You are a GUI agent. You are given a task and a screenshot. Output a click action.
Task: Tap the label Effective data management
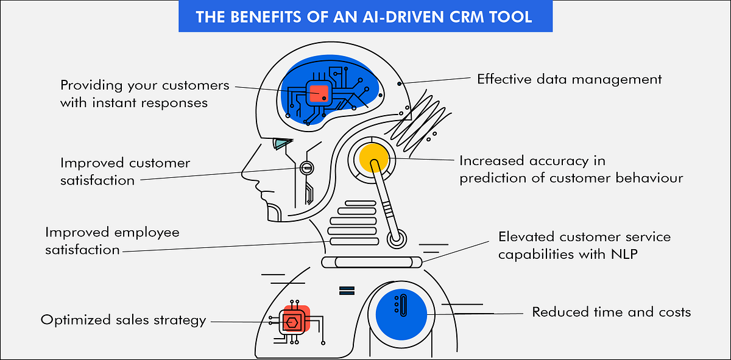click(569, 79)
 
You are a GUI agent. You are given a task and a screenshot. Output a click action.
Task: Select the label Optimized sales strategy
click(123, 320)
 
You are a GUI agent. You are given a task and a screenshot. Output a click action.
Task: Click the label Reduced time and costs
click(612, 312)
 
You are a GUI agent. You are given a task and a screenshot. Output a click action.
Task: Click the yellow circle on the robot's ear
click(373, 158)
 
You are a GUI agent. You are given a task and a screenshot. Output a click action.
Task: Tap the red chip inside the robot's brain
click(318, 93)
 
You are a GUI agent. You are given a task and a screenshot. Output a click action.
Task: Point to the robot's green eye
click(281, 144)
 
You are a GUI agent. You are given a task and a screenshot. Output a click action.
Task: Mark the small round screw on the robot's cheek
click(306, 167)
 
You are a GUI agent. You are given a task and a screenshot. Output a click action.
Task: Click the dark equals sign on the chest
click(346, 290)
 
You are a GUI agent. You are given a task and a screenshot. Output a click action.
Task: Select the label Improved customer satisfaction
click(125, 171)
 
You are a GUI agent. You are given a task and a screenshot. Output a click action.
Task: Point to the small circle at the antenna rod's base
click(395, 239)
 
